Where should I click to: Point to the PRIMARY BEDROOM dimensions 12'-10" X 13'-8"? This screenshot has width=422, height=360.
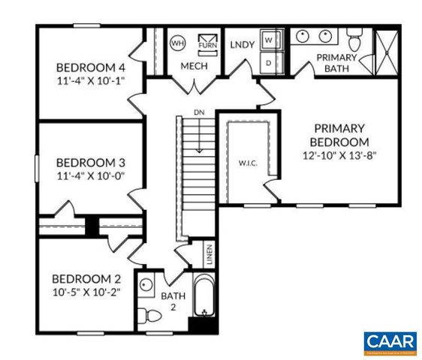point(339,156)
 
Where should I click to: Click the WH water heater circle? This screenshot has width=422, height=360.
point(178,42)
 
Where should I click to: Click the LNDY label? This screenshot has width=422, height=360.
point(241,43)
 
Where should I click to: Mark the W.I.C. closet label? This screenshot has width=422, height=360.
point(249,163)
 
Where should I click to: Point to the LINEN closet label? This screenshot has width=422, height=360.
point(209,256)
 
